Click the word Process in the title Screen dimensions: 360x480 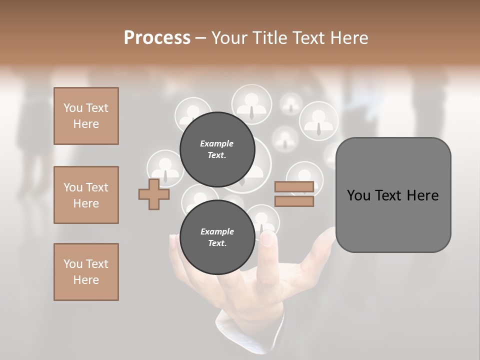[x=157, y=37]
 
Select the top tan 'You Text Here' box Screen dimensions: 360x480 [x=86, y=116]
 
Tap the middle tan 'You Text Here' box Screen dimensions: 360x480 [x=86, y=195]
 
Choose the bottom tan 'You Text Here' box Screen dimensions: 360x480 [x=86, y=272]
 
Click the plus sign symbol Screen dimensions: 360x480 [x=154, y=194]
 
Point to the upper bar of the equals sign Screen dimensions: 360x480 [x=294, y=186]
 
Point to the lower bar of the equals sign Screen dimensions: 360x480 [x=294, y=201]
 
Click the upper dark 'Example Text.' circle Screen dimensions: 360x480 [x=217, y=149]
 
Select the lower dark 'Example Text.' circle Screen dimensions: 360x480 [x=217, y=237]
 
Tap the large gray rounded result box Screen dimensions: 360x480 [x=393, y=195]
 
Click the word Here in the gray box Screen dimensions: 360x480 [x=422, y=195]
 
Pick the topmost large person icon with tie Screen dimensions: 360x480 [x=251, y=104]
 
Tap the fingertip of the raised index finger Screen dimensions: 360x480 [x=268, y=239]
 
